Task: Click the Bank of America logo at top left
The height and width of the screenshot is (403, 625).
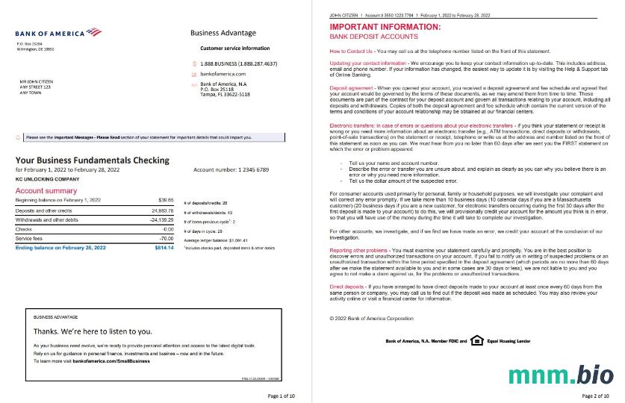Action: [x=57, y=33]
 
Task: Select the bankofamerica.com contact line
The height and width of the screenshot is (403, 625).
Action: [x=224, y=74]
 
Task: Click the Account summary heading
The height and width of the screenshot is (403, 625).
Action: [x=46, y=191]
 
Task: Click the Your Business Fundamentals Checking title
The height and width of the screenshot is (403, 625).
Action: [x=92, y=160]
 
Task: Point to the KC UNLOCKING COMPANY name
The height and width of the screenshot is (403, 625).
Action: [x=47, y=180]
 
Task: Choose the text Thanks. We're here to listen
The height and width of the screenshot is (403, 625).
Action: [x=93, y=331]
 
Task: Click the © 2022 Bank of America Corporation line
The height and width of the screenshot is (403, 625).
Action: [x=371, y=318]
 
